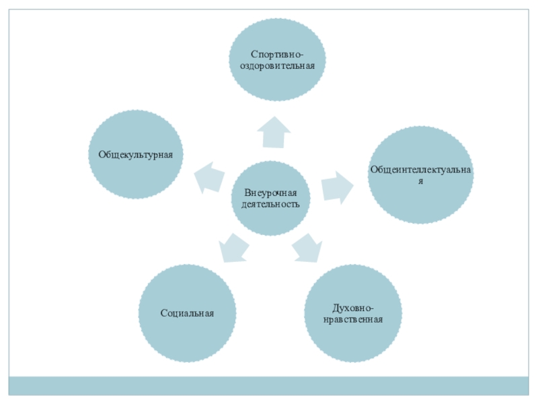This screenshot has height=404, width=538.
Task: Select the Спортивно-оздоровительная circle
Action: tap(278, 60)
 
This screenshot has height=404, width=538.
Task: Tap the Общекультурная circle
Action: tap(137, 155)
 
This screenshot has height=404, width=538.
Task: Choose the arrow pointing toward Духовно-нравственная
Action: tap(308, 248)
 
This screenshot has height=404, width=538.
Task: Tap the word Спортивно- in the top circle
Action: tap(278, 54)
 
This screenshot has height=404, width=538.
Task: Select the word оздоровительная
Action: tap(278, 66)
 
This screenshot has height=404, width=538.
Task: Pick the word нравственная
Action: tap(354, 320)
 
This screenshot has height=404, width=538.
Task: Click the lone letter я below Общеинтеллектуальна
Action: tap(420, 181)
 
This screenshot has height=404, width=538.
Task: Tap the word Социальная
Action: tap(188, 314)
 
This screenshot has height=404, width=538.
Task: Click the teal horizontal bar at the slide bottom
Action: tap(269, 386)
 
